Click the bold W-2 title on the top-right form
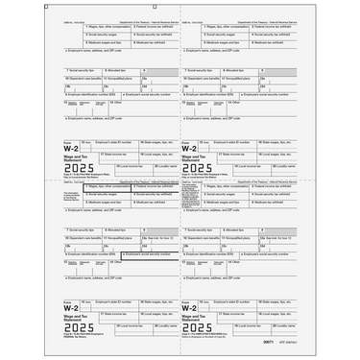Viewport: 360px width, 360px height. [x=192, y=148]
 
